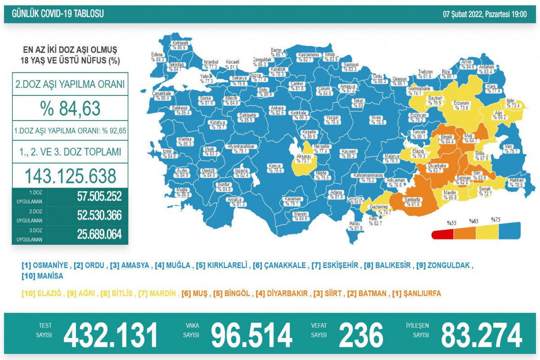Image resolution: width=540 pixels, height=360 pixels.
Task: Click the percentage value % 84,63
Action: (x=70, y=108)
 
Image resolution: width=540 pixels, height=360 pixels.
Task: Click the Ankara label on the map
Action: (x=276, y=108)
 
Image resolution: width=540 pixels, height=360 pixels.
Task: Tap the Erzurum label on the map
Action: (x=462, y=103)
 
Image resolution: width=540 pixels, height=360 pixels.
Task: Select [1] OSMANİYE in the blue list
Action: (x=45, y=265)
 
